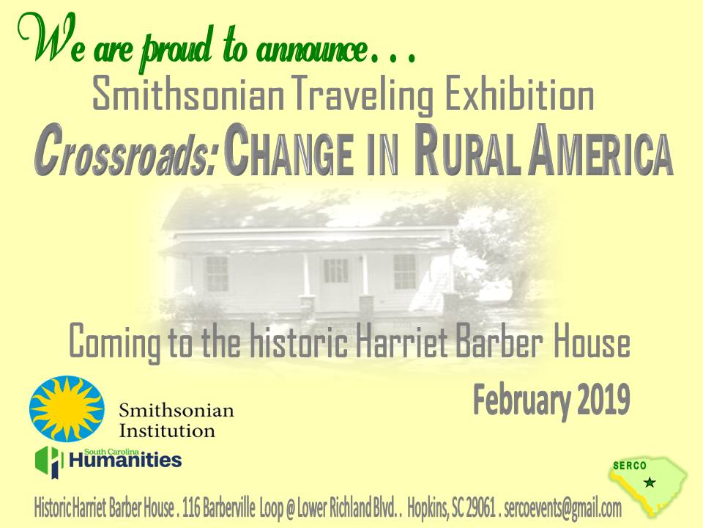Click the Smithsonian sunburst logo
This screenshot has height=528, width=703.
[67, 408]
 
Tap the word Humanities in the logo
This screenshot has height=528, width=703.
[125, 461]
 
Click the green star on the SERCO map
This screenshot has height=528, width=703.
[650, 483]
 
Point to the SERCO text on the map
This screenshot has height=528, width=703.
[630, 466]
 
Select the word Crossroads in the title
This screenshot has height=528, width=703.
[125, 152]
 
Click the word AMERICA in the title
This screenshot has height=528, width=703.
[600, 150]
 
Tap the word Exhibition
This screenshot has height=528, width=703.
[518, 95]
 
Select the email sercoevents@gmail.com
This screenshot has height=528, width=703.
[562, 507]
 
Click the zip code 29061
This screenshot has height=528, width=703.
[480, 507]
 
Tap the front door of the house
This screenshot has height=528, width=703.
[335, 279]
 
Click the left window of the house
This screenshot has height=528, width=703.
[217, 274]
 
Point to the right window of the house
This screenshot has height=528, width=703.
[404, 271]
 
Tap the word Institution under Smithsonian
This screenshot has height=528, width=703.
[167, 431]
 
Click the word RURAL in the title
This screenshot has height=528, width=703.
[468, 150]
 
